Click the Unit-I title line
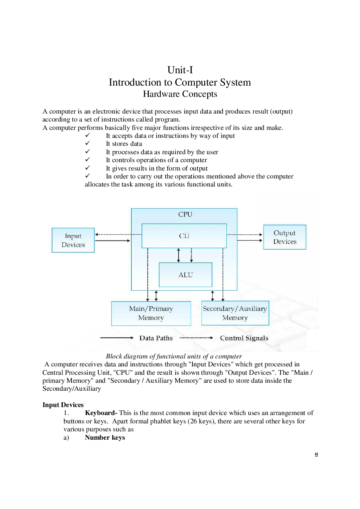180,70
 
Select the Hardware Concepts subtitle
180,94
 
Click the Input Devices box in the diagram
73,240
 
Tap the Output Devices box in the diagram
285,237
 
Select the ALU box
185,275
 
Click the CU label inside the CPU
184,236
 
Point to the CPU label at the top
185,214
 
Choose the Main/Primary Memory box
151,313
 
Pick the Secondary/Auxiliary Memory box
235,313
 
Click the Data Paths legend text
156,338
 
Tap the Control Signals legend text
244,338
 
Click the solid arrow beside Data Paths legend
117,338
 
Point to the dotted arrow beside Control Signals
196,338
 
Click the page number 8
316,455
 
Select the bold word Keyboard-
101,413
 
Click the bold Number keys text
105,438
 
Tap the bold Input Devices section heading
63,405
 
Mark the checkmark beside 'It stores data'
87,143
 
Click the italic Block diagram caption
174,356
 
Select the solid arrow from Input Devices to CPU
112,241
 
